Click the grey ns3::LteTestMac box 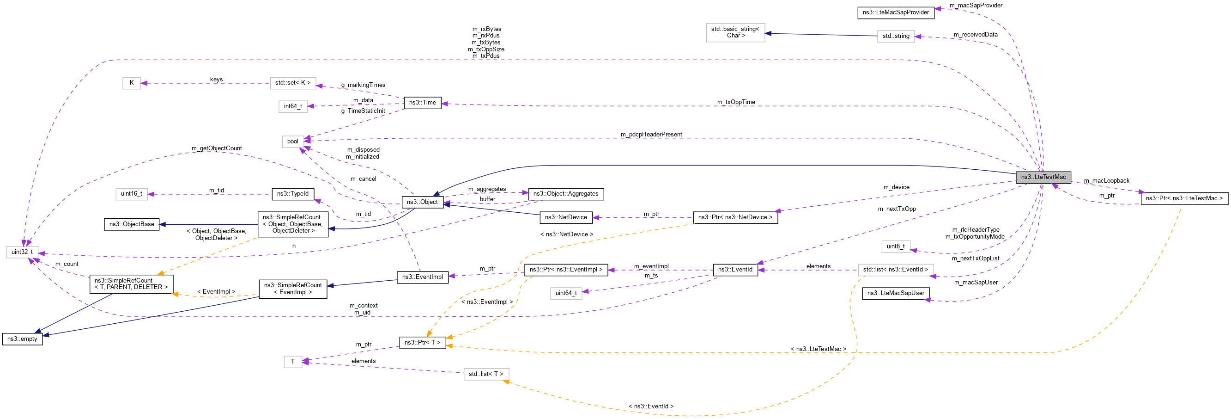tap(1043, 177)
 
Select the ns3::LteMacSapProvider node tap(895, 12)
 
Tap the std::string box tap(895, 36)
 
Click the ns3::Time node tap(422, 103)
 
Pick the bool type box tap(292, 142)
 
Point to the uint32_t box tap(22, 252)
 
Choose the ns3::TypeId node tap(292, 194)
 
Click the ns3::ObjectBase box tap(132, 224)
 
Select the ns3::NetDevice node tap(565, 218)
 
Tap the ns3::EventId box tap(734, 270)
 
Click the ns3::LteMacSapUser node tap(895, 293)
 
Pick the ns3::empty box tap(22, 339)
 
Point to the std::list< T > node tap(485, 374)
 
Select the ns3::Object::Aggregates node tap(565, 194)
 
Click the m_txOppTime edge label tap(735, 102)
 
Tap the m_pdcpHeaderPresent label tap(651, 135)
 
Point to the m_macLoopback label tap(1106, 181)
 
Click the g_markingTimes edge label tap(363, 85)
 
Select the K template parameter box tap(132, 83)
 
